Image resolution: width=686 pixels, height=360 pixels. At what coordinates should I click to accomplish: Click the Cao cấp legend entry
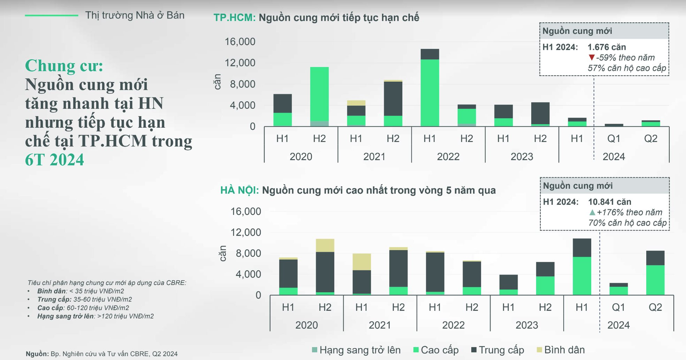[x=436, y=350]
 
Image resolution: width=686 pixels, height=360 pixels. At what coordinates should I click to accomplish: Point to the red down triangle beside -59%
[x=591, y=58]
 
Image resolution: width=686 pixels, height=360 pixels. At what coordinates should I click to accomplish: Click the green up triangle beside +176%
[x=592, y=212]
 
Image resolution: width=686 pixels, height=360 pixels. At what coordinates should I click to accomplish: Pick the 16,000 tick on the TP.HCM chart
[x=240, y=42]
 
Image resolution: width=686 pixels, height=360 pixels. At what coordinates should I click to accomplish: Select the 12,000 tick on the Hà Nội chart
[x=246, y=232]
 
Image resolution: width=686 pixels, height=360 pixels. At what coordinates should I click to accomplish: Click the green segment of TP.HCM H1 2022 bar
[x=429, y=93]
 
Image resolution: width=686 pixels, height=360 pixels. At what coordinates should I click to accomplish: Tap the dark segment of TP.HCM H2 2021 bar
[x=393, y=98]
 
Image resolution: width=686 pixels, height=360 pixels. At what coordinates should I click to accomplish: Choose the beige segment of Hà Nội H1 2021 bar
[x=362, y=262]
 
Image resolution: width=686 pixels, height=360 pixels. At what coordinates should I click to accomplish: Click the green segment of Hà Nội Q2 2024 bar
[x=655, y=280]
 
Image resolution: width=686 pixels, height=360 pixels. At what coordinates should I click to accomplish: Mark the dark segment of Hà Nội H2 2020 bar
[x=325, y=272]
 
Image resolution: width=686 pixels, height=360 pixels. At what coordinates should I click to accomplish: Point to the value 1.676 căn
[x=607, y=47]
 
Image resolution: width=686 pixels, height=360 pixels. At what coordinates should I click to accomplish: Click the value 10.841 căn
[x=610, y=202]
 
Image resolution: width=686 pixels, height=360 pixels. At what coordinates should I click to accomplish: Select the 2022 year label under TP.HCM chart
[x=448, y=157]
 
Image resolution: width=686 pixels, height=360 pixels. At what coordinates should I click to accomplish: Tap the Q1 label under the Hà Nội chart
[x=618, y=307]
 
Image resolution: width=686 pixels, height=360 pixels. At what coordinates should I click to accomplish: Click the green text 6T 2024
[x=54, y=160]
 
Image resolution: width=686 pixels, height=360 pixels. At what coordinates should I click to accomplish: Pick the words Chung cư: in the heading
[x=64, y=66]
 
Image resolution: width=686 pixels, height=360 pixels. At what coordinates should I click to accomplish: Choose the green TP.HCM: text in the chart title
[x=234, y=18]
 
